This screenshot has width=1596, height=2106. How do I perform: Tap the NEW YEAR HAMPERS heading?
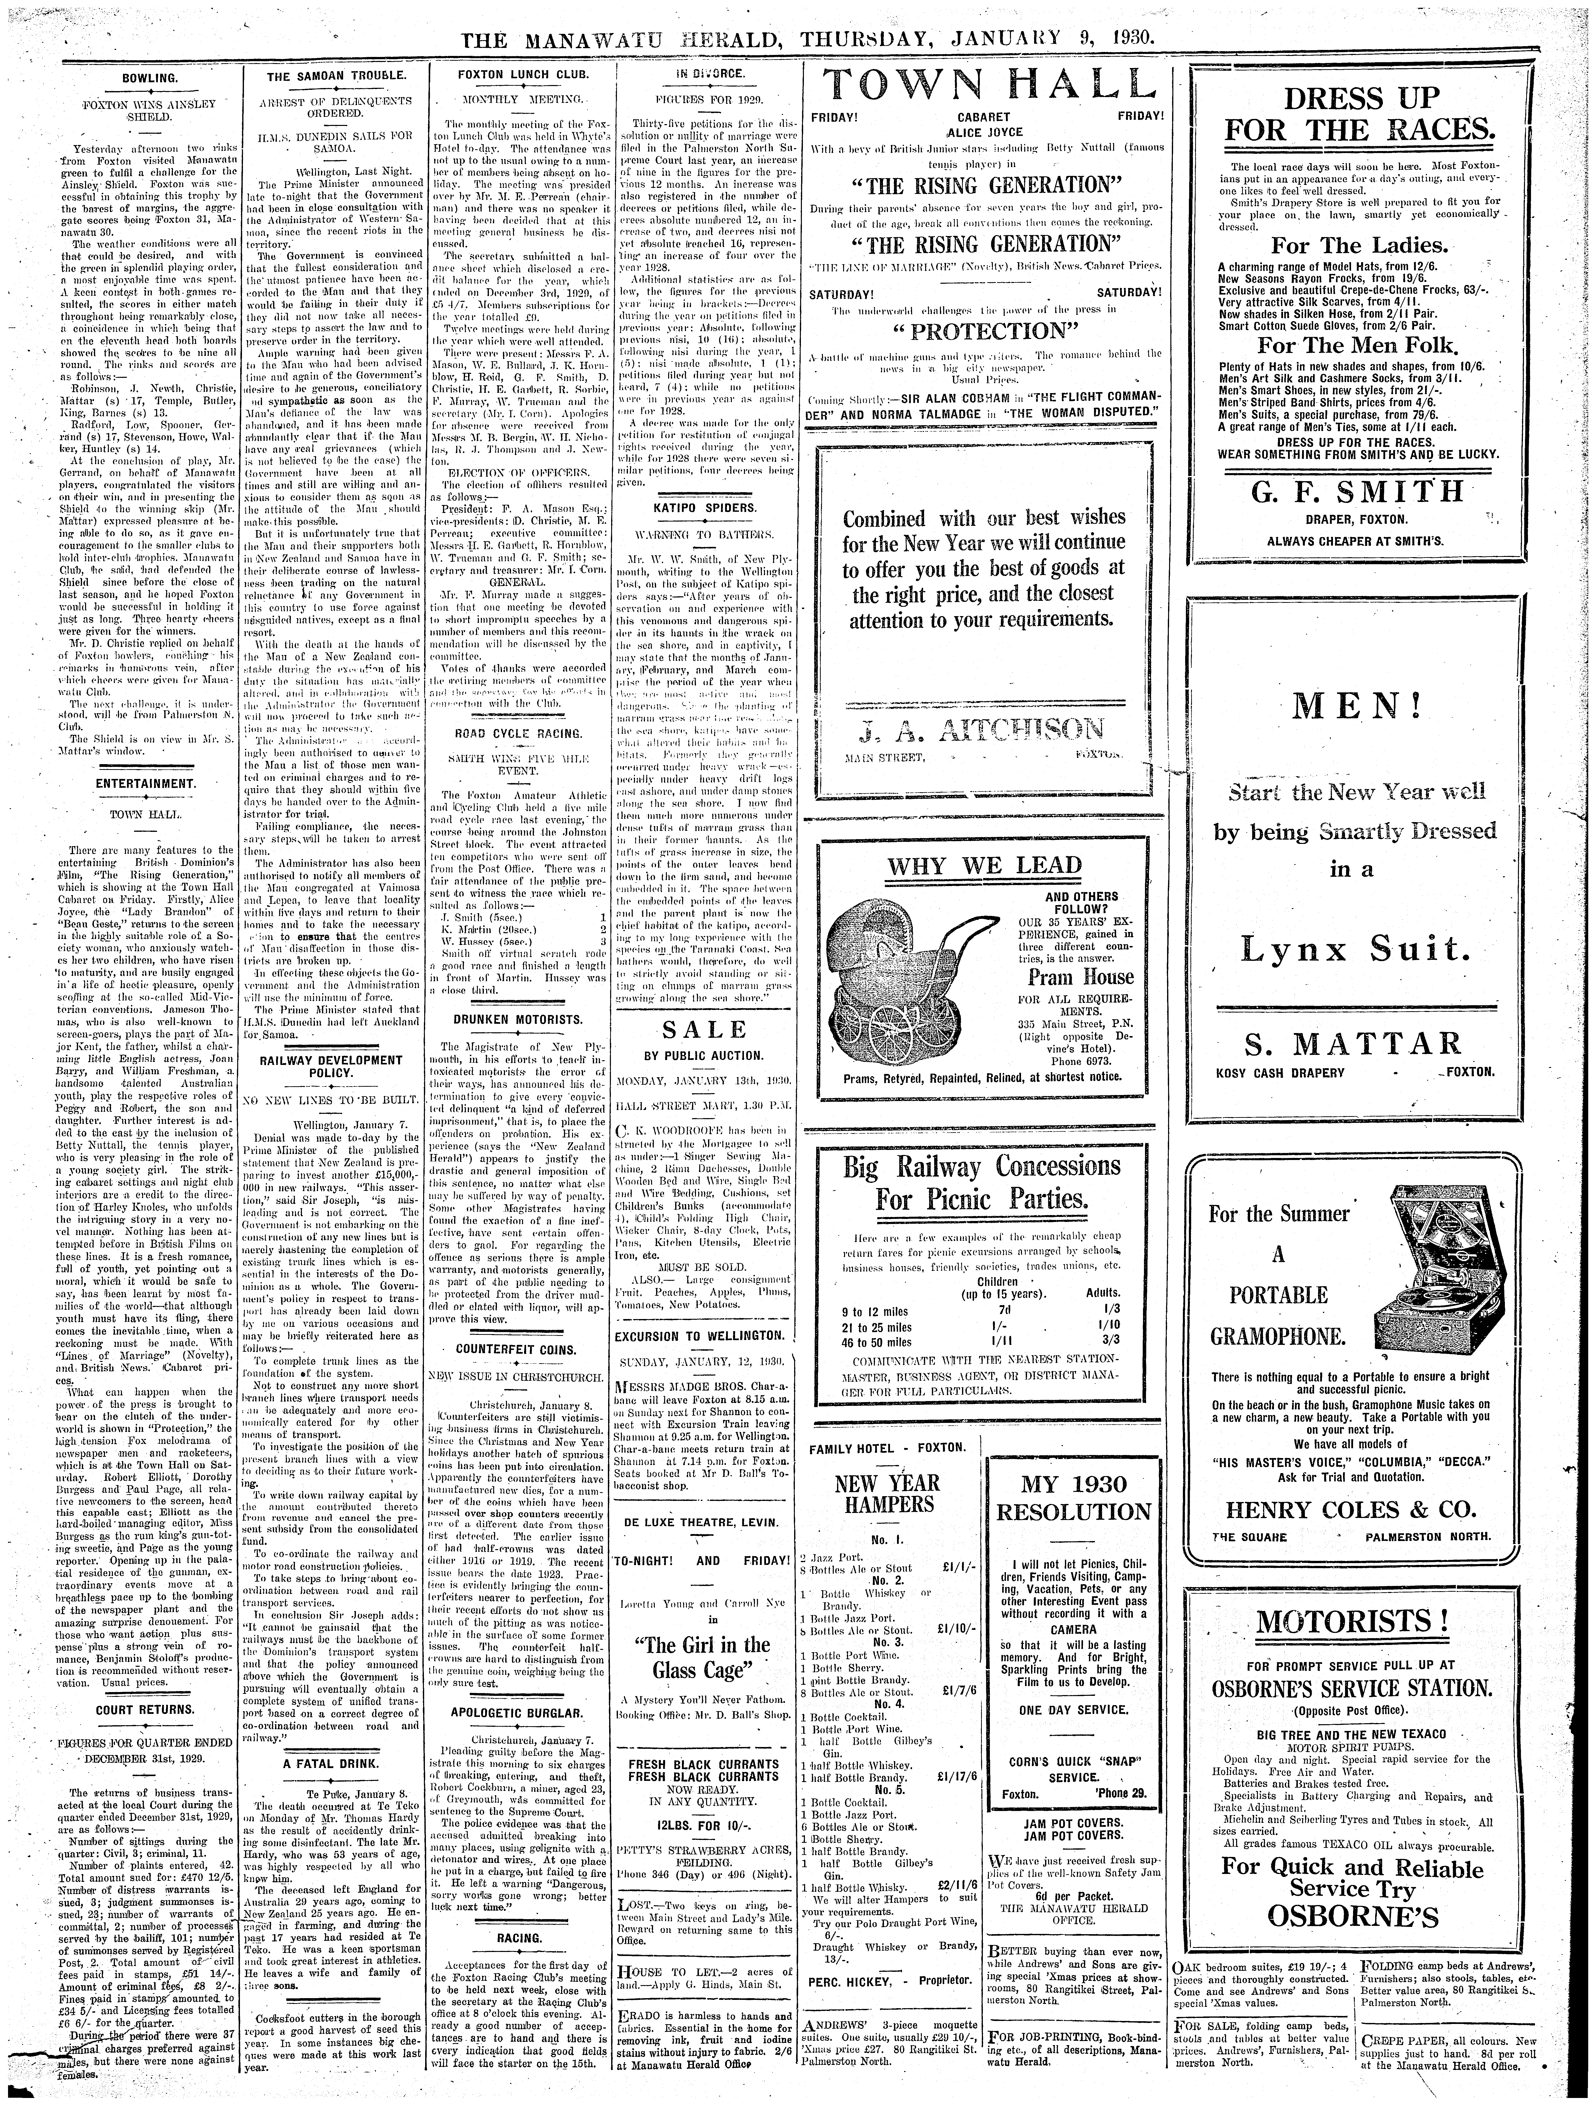(x=886, y=1492)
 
